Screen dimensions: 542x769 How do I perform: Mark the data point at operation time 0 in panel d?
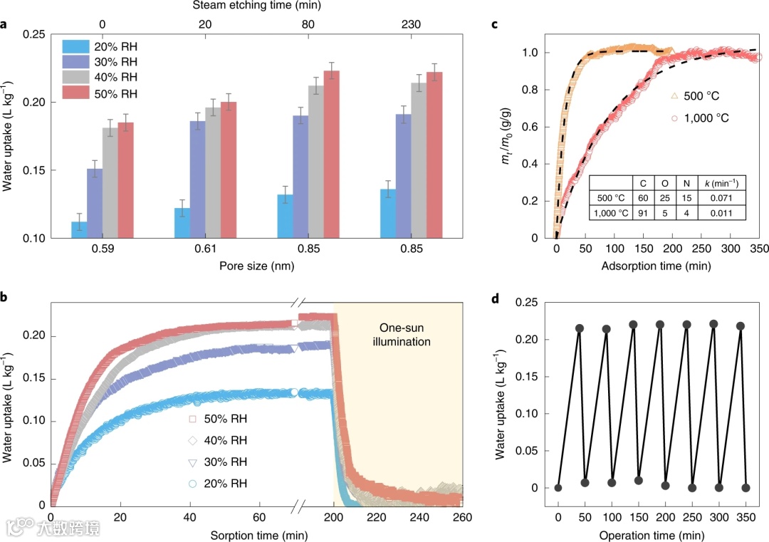pyautogui.click(x=558, y=488)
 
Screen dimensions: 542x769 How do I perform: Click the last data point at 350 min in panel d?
pyautogui.click(x=746, y=488)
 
